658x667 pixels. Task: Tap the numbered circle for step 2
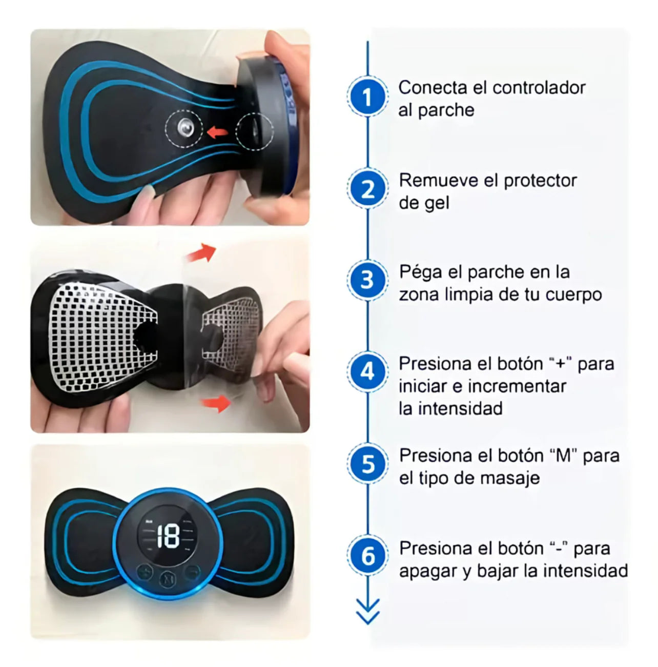367,189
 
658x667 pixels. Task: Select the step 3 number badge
367,280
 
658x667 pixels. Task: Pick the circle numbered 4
367,371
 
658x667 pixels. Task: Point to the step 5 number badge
367,464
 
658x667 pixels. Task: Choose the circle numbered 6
367,556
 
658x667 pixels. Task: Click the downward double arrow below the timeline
367,612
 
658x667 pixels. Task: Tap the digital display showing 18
168,537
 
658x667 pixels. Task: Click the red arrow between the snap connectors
218,132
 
